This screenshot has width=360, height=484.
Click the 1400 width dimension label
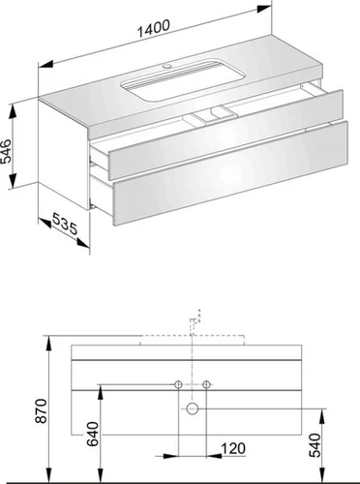[154, 28]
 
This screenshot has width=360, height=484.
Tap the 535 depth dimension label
[65, 224]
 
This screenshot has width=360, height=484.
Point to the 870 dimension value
[42, 410]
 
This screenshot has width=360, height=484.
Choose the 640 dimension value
[93, 434]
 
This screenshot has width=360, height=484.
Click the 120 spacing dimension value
[233, 448]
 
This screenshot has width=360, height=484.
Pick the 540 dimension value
[315, 445]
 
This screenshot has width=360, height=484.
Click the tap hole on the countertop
[166, 67]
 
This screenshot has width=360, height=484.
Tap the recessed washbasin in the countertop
[183, 79]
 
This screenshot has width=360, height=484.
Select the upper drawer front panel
[225, 135]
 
